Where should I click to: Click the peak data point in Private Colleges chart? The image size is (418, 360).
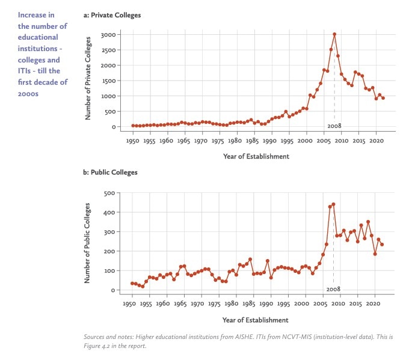point(334,34)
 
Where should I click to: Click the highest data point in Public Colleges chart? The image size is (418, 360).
point(333,204)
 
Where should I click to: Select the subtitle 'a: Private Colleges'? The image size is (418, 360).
point(112,14)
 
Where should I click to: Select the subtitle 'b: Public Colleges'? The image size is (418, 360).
point(110,172)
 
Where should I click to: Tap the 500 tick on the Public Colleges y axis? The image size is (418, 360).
point(109,193)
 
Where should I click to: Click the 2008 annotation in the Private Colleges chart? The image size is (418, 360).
point(334,126)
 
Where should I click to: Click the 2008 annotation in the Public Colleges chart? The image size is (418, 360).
point(333,289)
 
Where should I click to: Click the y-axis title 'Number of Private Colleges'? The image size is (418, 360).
point(88,77)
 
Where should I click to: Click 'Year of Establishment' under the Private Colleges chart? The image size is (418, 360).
point(255,156)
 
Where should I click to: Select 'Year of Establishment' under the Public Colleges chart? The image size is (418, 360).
point(255,320)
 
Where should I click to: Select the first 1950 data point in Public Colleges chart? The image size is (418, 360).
point(132,283)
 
